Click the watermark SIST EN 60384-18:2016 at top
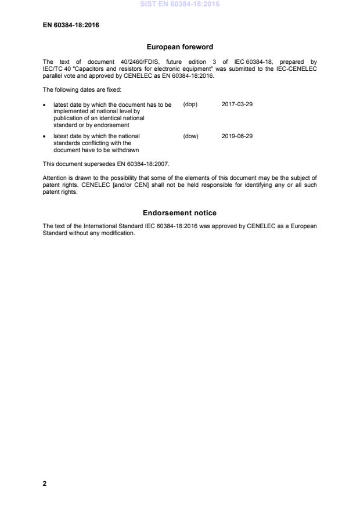[179, 5]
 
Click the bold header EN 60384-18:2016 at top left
[71, 25]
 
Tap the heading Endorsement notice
[179, 213]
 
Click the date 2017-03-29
[237, 104]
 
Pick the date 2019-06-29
[237, 136]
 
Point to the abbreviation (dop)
[190, 104]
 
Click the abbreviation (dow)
[190, 136]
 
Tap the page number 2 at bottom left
[45, 483]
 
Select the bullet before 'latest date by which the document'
[45, 105]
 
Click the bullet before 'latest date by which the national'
[45, 137]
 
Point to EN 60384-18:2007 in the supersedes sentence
[143, 164]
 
